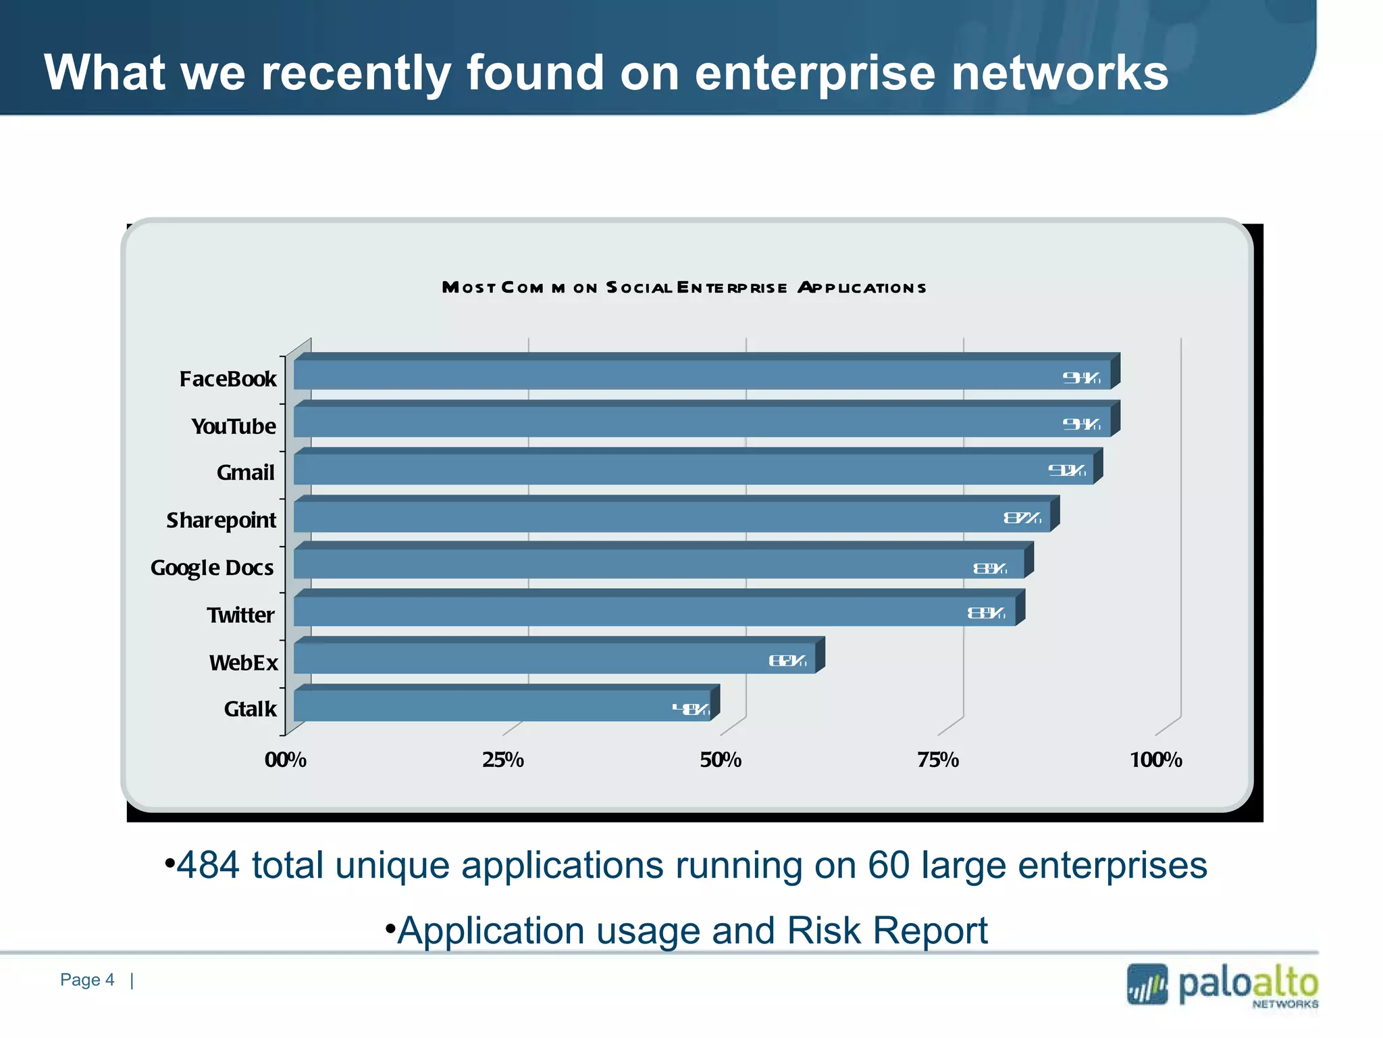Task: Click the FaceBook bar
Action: pyautogui.click(x=702, y=374)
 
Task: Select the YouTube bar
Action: pyautogui.click(x=702, y=422)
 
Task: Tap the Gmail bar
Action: pyautogui.click(x=694, y=469)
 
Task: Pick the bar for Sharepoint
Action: pyautogui.click(x=672, y=516)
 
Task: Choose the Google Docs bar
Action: pyautogui.click(x=659, y=564)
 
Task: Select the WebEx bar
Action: pyautogui.click(x=554, y=658)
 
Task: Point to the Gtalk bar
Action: pyautogui.click(x=502, y=706)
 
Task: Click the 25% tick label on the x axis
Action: pyautogui.click(x=503, y=760)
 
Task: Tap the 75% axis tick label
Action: pyautogui.click(x=938, y=760)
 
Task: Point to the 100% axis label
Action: pyautogui.click(x=1156, y=760)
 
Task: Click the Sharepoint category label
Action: pyautogui.click(x=221, y=520)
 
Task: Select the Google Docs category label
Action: pyautogui.click(x=212, y=568)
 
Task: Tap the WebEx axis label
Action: pyautogui.click(x=243, y=662)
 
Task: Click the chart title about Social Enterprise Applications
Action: pyautogui.click(x=684, y=288)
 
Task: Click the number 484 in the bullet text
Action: pyautogui.click(x=208, y=865)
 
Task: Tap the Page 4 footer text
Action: pyautogui.click(x=87, y=980)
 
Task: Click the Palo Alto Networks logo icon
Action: pyautogui.click(x=1147, y=985)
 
